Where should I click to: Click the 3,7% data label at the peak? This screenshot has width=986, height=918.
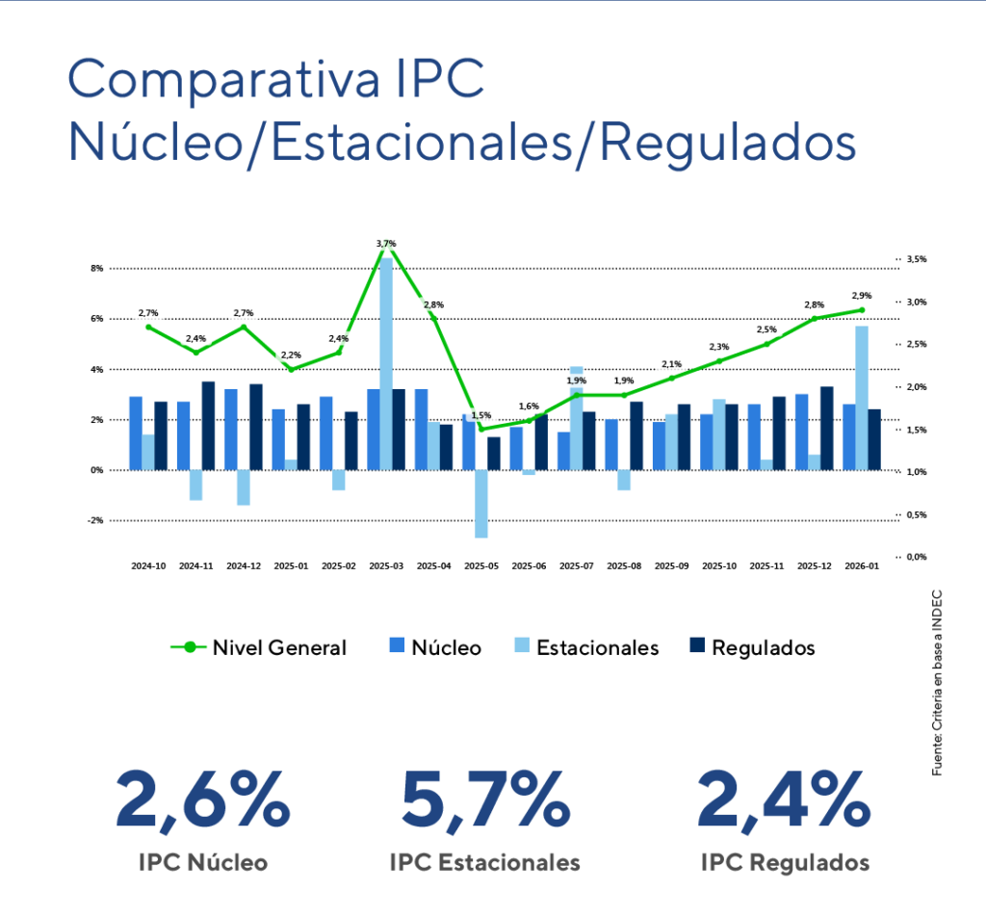[x=385, y=244]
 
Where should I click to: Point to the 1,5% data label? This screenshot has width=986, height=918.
[x=480, y=414]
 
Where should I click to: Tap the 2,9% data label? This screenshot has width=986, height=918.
[x=861, y=295]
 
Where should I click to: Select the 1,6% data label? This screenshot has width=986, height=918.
[x=528, y=406]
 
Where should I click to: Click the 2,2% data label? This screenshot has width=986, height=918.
[x=291, y=354]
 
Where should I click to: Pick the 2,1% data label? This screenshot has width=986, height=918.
[x=671, y=363]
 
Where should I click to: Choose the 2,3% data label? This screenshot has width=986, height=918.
[x=718, y=346]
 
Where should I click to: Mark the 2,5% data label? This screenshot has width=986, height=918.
[x=766, y=329]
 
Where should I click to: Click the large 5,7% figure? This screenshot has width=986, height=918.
[x=484, y=801]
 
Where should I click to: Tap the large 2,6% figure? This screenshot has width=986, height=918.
[x=203, y=801]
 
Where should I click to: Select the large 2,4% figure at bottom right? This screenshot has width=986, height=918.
[x=784, y=801]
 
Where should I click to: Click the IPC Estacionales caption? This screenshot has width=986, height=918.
[x=484, y=861]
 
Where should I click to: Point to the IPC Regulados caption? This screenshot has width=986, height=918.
[x=786, y=861]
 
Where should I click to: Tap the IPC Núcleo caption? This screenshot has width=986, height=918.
[x=203, y=861]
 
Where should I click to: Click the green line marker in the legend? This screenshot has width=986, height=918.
[x=190, y=646]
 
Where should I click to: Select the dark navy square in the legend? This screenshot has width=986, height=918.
[x=697, y=644]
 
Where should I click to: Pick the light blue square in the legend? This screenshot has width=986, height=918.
[x=521, y=644]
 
